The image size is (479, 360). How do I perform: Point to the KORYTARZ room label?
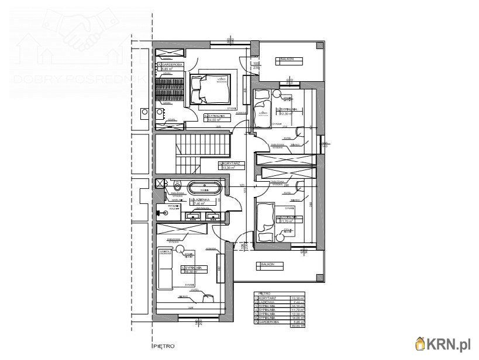click(x=228, y=162)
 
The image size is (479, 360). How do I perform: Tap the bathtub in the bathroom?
click(x=204, y=188)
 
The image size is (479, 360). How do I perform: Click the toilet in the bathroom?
click(x=177, y=186)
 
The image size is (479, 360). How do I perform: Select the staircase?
click(x=196, y=151)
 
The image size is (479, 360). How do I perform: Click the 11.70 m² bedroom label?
click(x=288, y=217)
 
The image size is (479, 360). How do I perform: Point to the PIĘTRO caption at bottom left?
click(x=164, y=346)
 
